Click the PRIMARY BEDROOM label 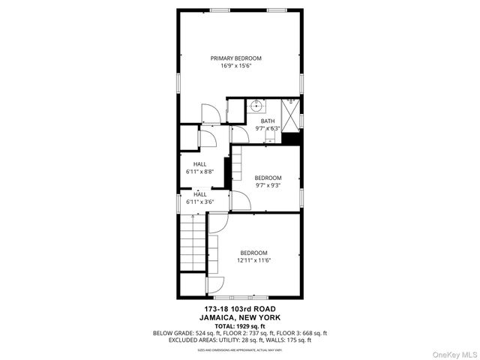(235, 58)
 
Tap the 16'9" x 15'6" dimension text (235, 66)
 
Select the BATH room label (268, 121)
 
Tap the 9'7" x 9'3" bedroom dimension (268, 185)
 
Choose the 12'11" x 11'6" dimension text (253, 260)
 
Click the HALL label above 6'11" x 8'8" (199, 164)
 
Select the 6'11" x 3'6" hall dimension (199, 202)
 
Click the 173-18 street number (216, 309)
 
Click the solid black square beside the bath (294, 137)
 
